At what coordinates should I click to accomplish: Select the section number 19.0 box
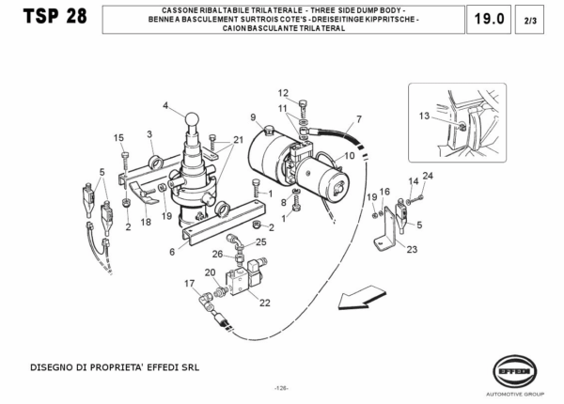pos(490,19)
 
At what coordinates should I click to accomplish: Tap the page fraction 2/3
pos(530,19)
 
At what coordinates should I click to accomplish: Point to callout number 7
pos(357,120)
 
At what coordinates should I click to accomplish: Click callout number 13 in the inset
pos(423,116)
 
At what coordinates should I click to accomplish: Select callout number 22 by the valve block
pos(264,303)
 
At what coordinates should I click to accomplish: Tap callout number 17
pos(189,284)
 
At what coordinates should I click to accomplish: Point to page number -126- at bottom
pos(281,388)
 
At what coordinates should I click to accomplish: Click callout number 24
pos(428,176)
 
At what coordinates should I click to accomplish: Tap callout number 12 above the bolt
pos(283,92)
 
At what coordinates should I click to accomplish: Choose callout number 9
pos(254,117)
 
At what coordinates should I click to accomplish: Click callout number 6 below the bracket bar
pos(172,252)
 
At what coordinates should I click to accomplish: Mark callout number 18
pos(145,223)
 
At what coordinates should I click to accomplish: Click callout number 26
pos(217,254)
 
